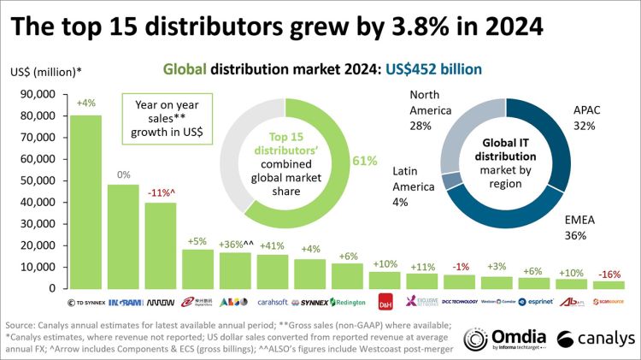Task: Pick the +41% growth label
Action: click(273, 246)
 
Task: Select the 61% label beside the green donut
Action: click(365, 159)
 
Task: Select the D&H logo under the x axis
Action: click(386, 302)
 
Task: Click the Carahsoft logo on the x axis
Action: click(273, 302)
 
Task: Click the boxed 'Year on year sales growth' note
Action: click(164, 120)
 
